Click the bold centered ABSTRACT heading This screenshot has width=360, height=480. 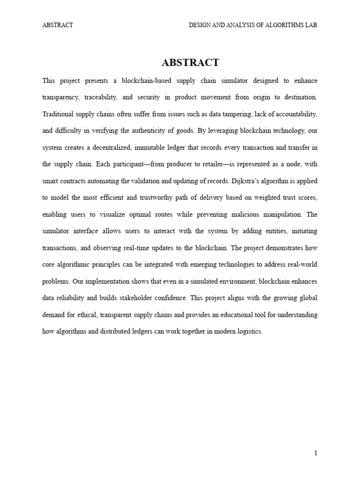190,62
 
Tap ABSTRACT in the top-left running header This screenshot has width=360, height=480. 58,25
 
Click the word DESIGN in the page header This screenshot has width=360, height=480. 200,25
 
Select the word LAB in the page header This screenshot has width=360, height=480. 310,25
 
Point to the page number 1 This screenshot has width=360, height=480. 316,453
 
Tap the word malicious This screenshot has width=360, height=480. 249,215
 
